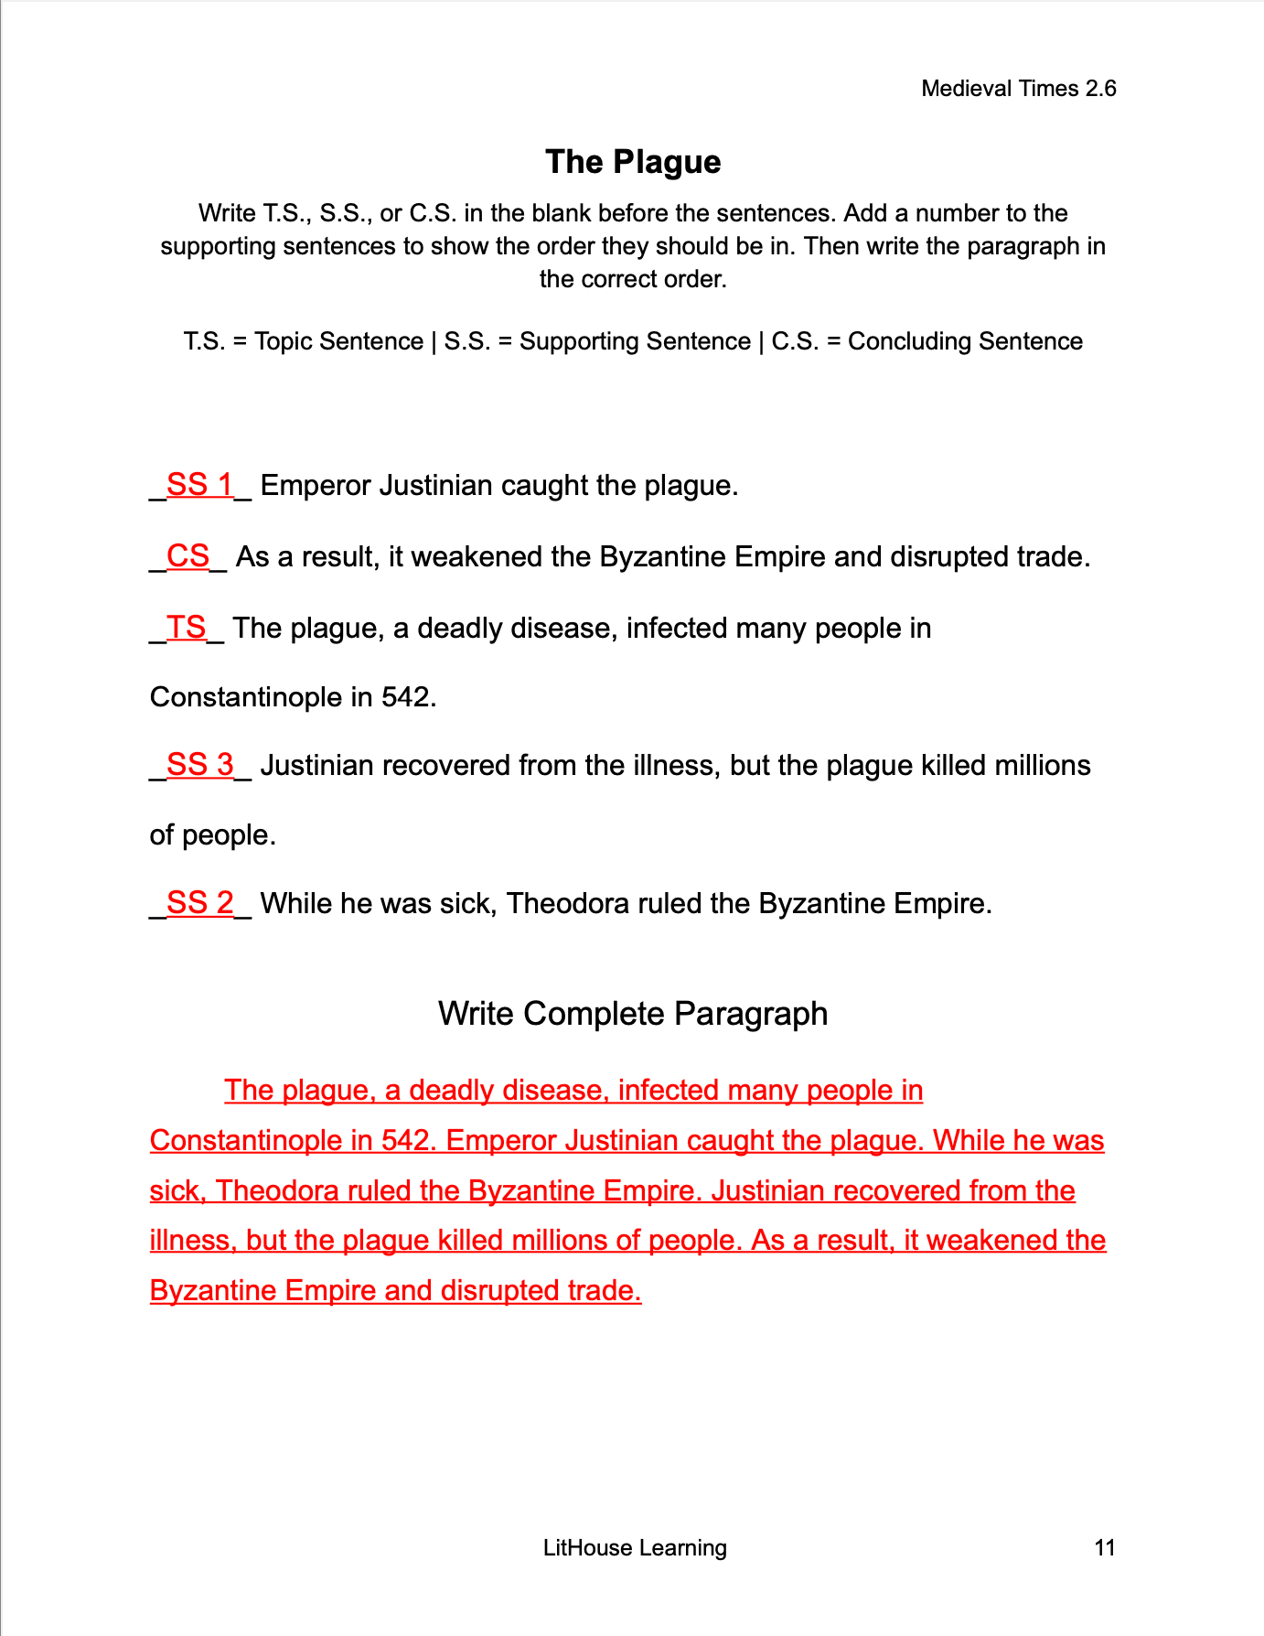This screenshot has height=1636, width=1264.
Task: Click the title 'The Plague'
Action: (x=633, y=162)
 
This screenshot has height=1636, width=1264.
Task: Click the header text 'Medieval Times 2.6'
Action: (x=1018, y=89)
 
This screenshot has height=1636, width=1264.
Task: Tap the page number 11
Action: (x=1104, y=1547)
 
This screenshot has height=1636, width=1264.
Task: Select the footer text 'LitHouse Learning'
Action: (x=635, y=1547)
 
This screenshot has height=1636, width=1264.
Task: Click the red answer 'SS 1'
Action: (x=199, y=485)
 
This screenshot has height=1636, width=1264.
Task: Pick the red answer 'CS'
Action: (x=187, y=556)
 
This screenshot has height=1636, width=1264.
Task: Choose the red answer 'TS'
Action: (x=186, y=628)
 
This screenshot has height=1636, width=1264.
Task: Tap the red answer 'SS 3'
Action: (x=199, y=765)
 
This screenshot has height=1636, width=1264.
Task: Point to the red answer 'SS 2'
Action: (x=199, y=903)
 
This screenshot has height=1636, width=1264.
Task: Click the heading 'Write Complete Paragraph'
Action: (x=633, y=1014)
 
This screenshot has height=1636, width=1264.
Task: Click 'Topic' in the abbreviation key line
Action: (x=284, y=341)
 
